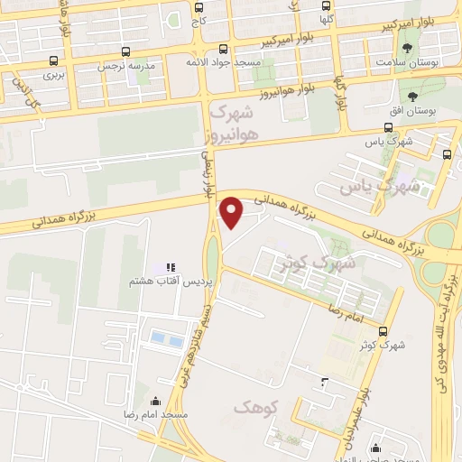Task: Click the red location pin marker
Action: coord(232,213)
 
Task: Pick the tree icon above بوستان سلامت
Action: coord(410,47)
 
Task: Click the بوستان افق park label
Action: coord(417,112)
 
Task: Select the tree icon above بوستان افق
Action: coord(414,97)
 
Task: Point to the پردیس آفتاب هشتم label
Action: coord(171,282)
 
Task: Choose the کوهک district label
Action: coord(252,408)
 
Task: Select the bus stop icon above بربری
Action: coord(54,61)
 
